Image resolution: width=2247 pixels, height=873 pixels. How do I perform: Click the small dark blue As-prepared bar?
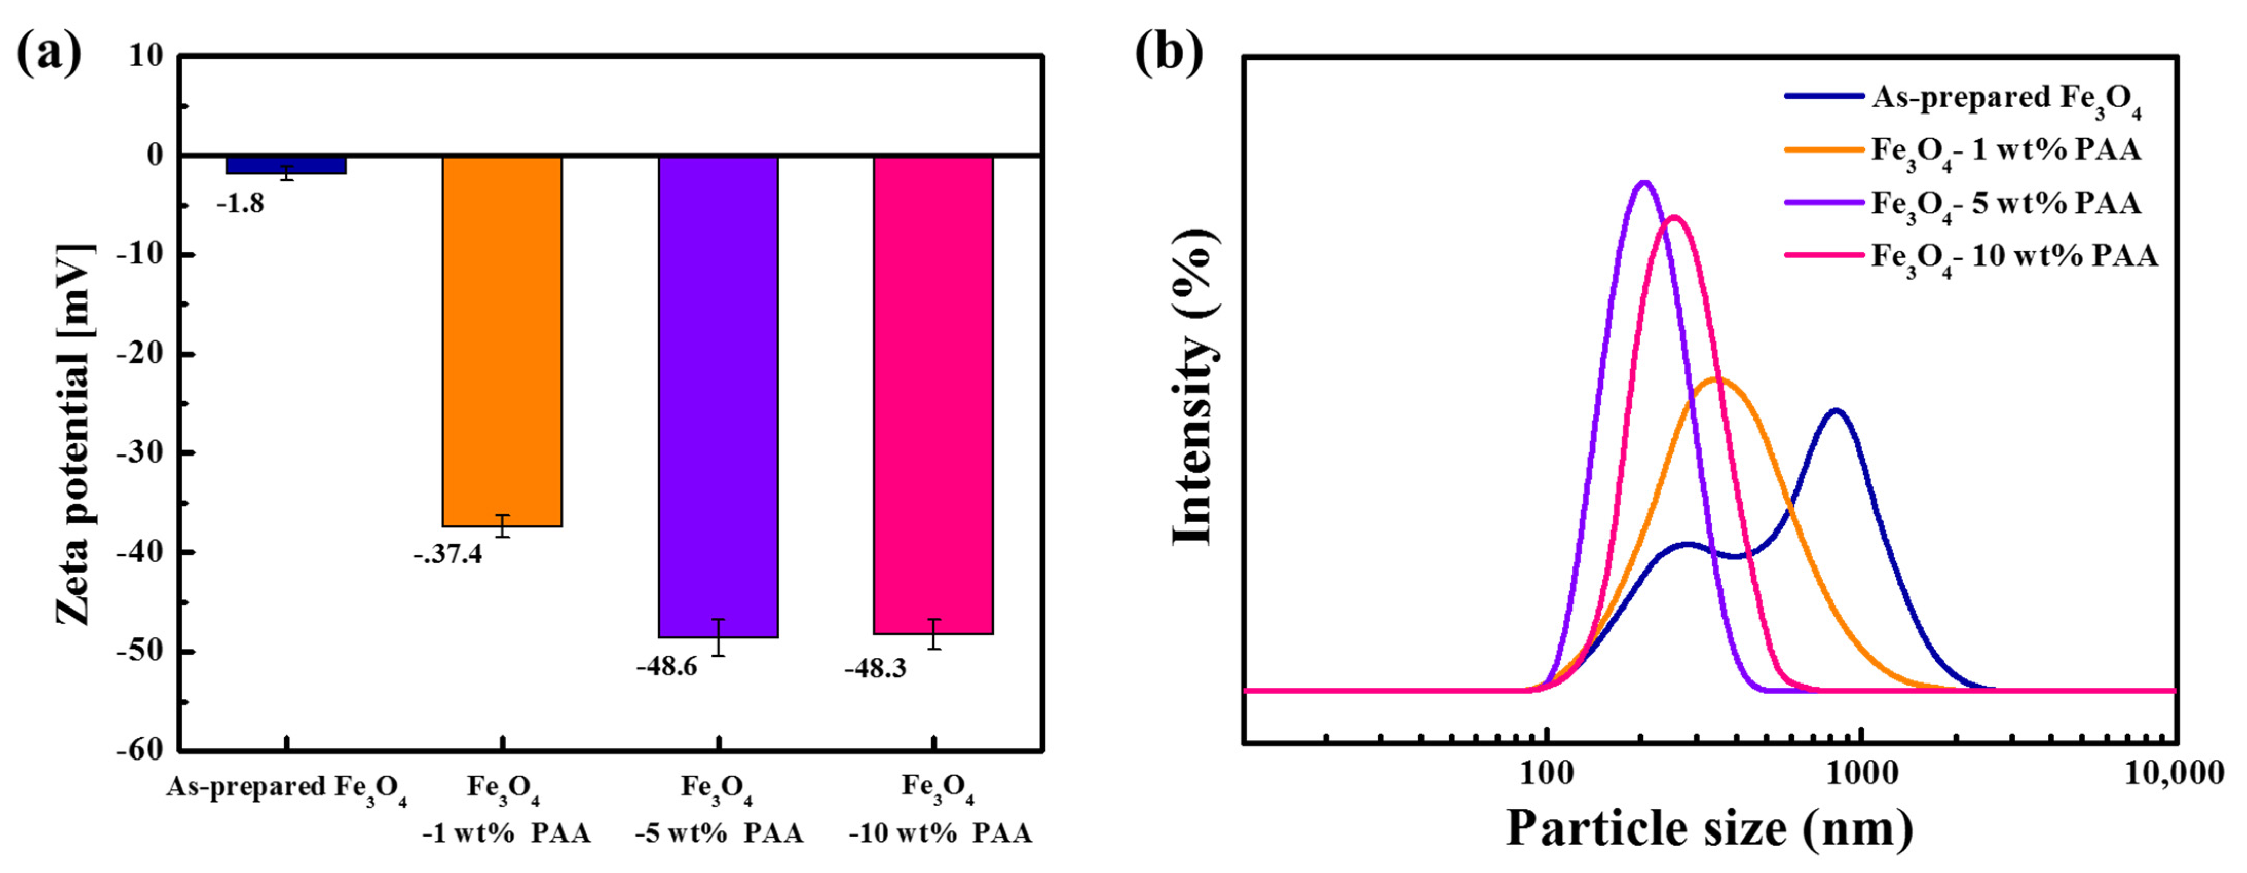[x=286, y=165]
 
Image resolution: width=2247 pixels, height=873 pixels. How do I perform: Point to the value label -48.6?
[x=666, y=667]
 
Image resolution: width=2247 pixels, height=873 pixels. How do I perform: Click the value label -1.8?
[x=240, y=204]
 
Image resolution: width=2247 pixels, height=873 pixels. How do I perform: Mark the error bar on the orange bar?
[x=502, y=526]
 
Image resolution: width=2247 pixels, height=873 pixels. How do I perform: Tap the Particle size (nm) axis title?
[x=1710, y=827]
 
